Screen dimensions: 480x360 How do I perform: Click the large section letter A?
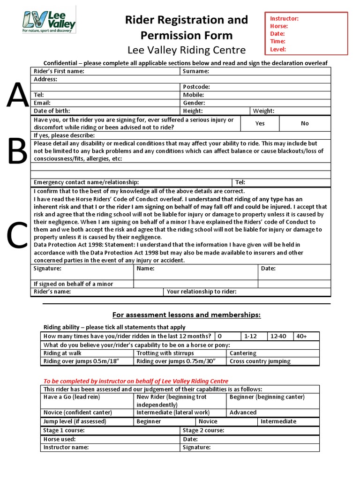pyautogui.click(x=17, y=96)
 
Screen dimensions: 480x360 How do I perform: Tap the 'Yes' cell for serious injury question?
pyautogui.click(x=260, y=123)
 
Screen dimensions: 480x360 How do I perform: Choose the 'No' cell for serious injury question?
pyautogui.click(x=305, y=123)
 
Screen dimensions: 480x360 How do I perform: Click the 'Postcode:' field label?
pyautogui.click(x=196, y=87)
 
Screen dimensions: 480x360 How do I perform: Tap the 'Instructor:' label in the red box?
pyautogui.click(x=284, y=19)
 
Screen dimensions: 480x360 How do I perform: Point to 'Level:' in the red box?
pyautogui.click(x=278, y=49)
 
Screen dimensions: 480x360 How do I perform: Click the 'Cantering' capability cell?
pyautogui.click(x=243, y=353)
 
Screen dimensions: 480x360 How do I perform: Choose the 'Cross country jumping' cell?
pyautogui.click(x=260, y=361)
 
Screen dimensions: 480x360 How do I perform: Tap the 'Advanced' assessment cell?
pyautogui.click(x=243, y=412)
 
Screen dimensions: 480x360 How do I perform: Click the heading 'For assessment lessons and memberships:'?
pyautogui.click(x=186, y=315)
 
